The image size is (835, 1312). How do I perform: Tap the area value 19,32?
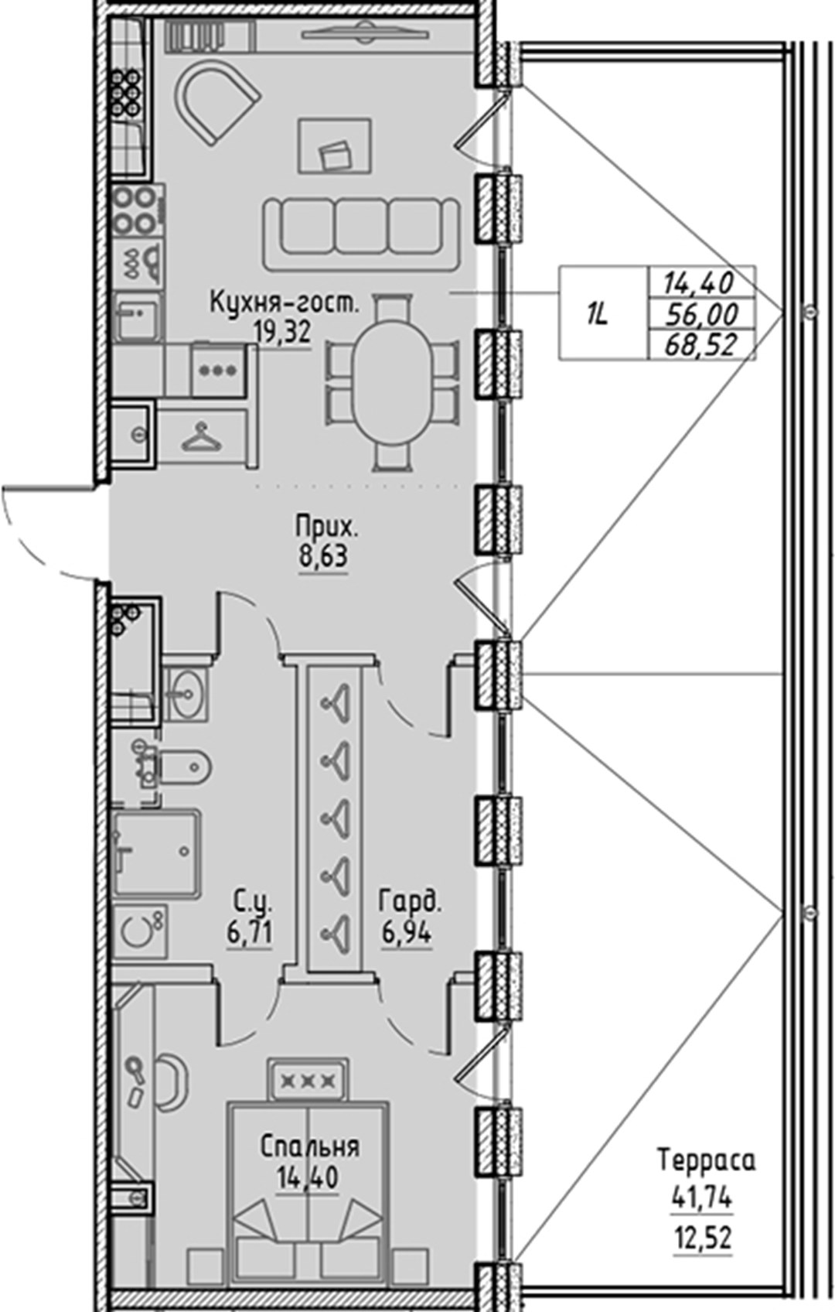click(282, 334)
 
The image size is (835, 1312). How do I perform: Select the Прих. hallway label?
click(325, 528)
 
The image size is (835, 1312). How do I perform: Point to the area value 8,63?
click(324, 556)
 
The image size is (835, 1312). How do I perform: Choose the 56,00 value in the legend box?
click(701, 316)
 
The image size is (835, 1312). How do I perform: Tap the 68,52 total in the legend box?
click(701, 345)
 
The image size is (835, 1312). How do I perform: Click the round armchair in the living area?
click(216, 101)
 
